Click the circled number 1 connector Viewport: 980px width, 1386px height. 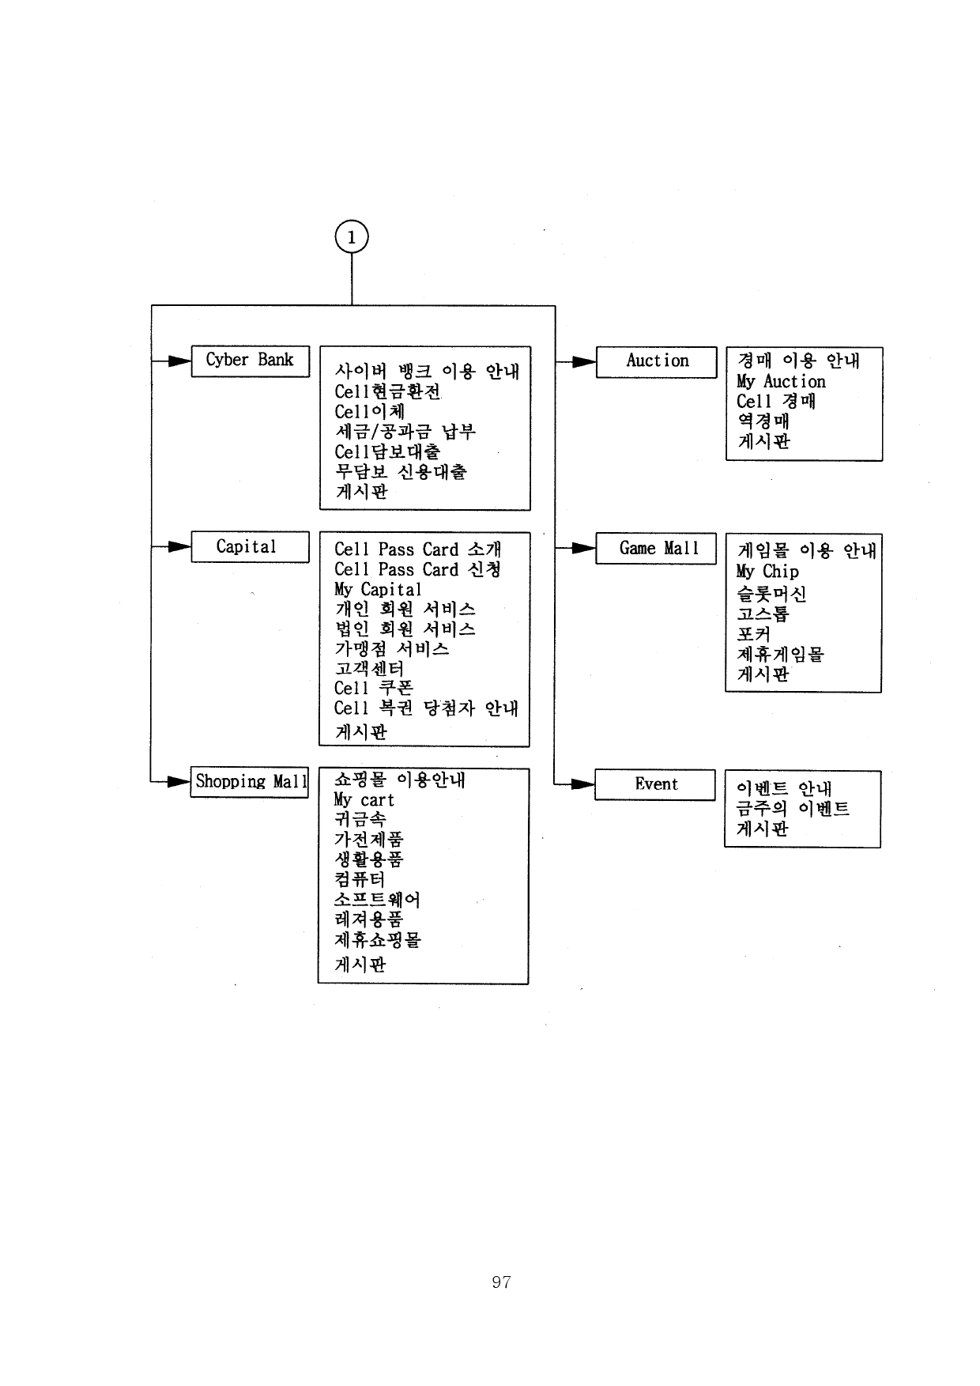tap(352, 237)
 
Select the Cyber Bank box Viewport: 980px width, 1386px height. tap(250, 361)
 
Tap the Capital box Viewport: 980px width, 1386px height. tap(250, 547)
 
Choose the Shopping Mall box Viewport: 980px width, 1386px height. tap(250, 782)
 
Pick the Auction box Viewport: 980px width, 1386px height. tap(656, 361)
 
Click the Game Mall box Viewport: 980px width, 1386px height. tap(656, 549)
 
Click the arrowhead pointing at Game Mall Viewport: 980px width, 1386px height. tap(584, 548)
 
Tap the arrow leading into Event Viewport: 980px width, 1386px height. tap(583, 784)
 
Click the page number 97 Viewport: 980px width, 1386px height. tap(501, 1282)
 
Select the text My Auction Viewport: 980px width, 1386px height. tap(781, 382)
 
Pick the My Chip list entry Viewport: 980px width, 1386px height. tap(767, 572)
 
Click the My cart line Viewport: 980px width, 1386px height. tap(364, 800)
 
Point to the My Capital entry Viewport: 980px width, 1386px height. tap(378, 590)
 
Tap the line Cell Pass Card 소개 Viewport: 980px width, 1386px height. tap(417, 549)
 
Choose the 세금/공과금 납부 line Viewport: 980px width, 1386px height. tap(405, 432)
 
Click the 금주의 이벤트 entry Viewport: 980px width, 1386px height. tap(793, 808)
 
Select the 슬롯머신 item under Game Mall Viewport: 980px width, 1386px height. tap(771, 594)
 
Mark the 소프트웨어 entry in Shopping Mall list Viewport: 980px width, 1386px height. tap(377, 900)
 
